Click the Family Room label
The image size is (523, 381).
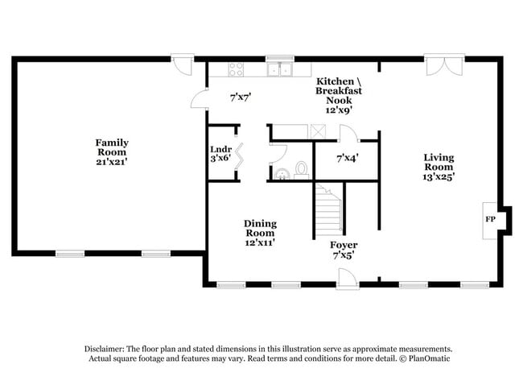pos(113,147)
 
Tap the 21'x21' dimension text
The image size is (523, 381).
pos(113,162)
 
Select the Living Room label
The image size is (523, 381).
pos(439,162)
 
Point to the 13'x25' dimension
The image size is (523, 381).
pos(439,176)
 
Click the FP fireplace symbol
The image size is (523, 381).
pos(489,218)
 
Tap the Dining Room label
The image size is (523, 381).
pos(260,228)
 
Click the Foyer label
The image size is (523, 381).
pos(344,244)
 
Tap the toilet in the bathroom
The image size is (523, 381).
pos(301,169)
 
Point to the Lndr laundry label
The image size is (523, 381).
pos(220,149)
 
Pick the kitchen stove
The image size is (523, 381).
pos(236,69)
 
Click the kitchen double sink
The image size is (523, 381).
pos(281,69)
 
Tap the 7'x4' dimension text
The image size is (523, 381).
pos(347,158)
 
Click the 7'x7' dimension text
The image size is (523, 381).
pos(241,97)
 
